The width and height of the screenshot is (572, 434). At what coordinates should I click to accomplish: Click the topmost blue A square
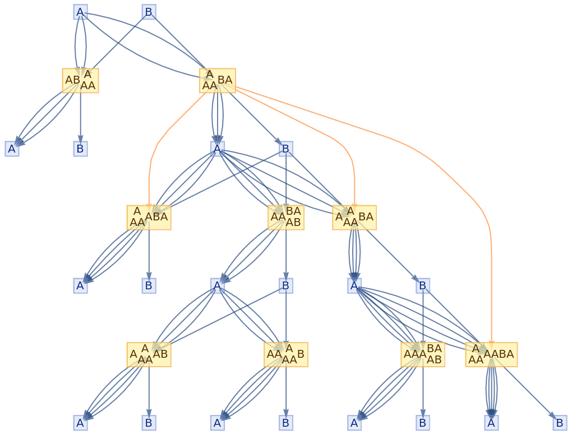click(x=80, y=12)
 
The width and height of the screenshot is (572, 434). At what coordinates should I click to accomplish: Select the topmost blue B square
click(x=149, y=12)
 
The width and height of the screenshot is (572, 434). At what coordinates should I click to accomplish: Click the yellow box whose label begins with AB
click(x=80, y=80)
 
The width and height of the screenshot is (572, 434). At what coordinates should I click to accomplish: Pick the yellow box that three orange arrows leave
click(x=217, y=80)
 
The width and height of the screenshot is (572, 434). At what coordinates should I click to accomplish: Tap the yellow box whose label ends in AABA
click(x=491, y=354)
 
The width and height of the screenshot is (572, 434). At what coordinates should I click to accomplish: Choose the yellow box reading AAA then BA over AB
click(x=423, y=354)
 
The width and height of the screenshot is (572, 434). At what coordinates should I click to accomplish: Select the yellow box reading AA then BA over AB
click(x=286, y=217)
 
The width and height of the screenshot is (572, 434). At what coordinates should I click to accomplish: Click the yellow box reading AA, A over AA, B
click(x=286, y=354)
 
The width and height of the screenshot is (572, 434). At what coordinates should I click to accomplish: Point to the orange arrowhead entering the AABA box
click(x=491, y=340)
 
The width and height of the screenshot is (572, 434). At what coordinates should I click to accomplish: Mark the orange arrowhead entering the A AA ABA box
click(x=149, y=203)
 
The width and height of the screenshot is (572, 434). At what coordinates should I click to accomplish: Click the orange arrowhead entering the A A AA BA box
click(x=354, y=203)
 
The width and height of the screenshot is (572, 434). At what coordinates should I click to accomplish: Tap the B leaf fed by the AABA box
click(x=560, y=423)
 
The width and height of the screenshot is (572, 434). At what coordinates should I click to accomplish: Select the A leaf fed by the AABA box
click(x=491, y=423)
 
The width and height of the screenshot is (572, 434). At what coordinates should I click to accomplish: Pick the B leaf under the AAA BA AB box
click(x=423, y=423)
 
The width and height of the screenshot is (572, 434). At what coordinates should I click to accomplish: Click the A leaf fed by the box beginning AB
click(x=12, y=149)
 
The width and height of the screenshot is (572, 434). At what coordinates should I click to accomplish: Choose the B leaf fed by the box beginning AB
click(x=80, y=149)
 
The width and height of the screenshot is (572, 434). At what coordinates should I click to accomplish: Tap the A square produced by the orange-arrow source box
click(x=217, y=149)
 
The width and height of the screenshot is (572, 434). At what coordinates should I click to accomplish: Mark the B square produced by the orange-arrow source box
click(x=286, y=149)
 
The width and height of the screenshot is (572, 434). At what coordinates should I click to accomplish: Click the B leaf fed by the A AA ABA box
click(x=149, y=285)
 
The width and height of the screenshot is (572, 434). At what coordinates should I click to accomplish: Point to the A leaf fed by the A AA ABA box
click(x=80, y=285)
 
